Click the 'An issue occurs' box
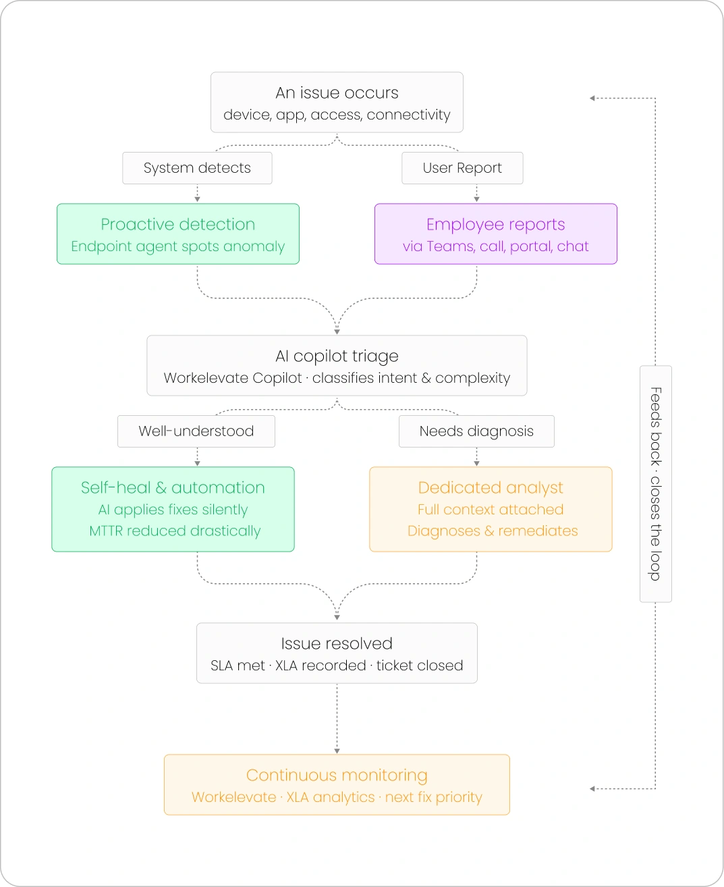[x=337, y=102]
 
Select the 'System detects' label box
[x=197, y=168]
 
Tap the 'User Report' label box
[x=462, y=168]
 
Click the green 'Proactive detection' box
[x=178, y=234]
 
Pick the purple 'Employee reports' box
[x=496, y=234]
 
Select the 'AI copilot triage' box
[x=337, y=365]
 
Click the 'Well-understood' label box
[x=196, y=431]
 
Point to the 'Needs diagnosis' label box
[x=476, y=431]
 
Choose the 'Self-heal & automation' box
[x=173, y=510]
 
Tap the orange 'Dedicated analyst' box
[x=491, y=510]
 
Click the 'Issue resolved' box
[x=337, y=653]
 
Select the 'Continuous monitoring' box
[x=337, y=785]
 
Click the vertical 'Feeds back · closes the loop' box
[x=655, y=484]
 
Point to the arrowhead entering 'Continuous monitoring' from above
[x=337, y=751]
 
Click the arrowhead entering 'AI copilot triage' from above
[x=337, y=332]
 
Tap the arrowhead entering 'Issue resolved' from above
[x=337, y=618]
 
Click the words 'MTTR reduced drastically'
[x=175, y=531]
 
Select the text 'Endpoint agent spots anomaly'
[x=178, y=246]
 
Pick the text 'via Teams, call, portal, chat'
[x=496, y=246]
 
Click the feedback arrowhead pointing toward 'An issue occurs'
[x=592, y=99]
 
